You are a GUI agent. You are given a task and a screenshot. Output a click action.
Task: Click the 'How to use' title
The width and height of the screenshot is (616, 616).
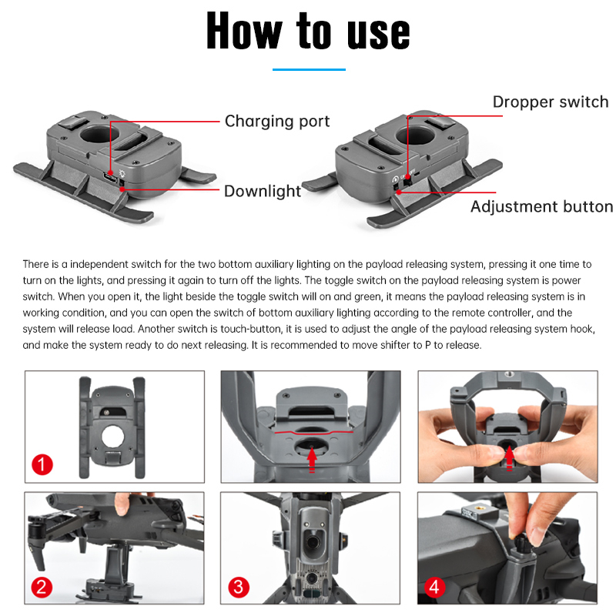click(x=308, y=32)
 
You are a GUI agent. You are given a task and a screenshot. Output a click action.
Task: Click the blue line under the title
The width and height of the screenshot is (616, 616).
click(x=308, y=69)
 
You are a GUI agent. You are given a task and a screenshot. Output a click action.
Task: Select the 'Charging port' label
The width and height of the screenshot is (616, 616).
click(x=276, y=122)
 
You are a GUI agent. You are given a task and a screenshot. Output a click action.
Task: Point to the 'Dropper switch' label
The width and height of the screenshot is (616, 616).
click(x=550, y=102)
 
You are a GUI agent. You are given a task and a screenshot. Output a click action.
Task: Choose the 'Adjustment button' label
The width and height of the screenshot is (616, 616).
click(x=541, y=206)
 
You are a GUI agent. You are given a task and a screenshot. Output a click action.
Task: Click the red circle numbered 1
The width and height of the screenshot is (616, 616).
click(x=42, y=465)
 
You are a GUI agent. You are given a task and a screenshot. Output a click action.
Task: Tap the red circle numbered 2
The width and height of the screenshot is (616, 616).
click(x=42, y=588)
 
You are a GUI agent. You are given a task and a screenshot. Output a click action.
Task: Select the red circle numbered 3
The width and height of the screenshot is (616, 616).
click(x=239, y=588)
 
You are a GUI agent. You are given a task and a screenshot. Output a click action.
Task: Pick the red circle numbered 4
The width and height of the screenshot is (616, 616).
click(x=436, y=588)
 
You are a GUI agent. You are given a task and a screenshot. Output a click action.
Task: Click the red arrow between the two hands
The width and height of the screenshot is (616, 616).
click(x=510, y=457)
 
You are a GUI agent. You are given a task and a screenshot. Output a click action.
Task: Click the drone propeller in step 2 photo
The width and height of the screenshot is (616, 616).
click(x=38, y=539)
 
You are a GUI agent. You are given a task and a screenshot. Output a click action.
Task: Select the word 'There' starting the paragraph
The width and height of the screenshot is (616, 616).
click(x=36, y=264)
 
